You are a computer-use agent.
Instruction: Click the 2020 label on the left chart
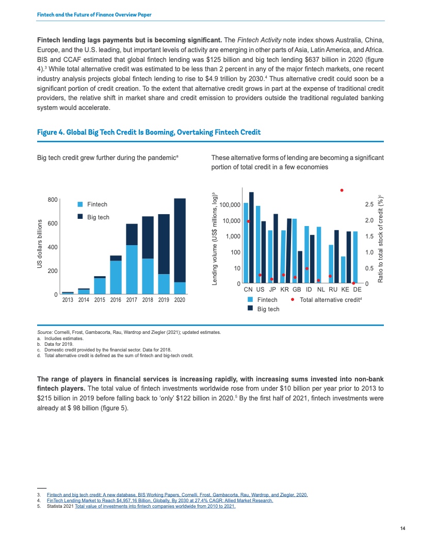[x=180, y=299]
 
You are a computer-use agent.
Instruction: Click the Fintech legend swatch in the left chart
[x=80, y=204]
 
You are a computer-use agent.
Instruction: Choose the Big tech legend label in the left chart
[x=99, y=217]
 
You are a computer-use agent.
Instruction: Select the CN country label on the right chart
[x=248, y=290]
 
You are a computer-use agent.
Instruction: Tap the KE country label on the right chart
[x=346, y=290]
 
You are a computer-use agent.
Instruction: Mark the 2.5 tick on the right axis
[x=369, y=205]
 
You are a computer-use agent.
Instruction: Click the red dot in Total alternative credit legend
[x=293, y=299]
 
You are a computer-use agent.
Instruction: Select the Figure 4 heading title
[x=149, y=133]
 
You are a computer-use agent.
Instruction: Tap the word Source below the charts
[x=44, y=333]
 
